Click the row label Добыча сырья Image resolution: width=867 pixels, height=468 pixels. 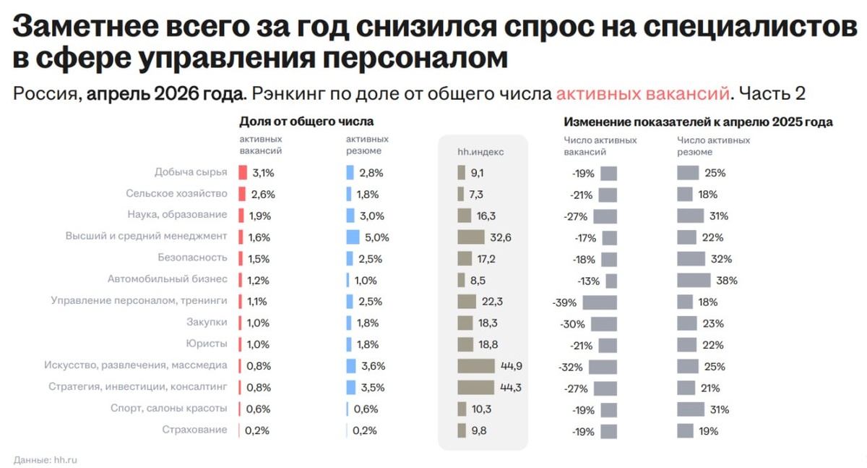(191, 172)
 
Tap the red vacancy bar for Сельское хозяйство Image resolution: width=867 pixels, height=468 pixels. (242, 194)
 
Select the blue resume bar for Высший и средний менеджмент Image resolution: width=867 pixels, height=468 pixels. (353, 237)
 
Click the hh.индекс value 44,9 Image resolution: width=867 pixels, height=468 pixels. (512, 366)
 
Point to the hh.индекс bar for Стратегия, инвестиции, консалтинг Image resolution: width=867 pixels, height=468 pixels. (475, 388)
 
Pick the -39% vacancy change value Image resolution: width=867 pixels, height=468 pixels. (564, 302)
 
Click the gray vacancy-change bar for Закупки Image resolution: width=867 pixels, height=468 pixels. (604, 324)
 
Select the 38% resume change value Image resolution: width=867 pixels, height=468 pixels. (727, 281)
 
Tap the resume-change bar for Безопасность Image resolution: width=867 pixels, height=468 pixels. (691, 259)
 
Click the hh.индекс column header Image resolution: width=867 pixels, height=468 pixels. (480, 152)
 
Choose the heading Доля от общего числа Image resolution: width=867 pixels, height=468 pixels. (306, 122)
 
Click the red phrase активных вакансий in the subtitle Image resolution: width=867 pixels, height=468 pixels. (642, 94)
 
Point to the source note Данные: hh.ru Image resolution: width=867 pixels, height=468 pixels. (46, 460)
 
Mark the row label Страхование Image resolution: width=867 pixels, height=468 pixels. (194, 430)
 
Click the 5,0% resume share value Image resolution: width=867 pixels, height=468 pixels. (377, 237)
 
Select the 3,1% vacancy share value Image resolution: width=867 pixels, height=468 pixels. (263, 173)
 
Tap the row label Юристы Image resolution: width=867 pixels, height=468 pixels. (207, 344)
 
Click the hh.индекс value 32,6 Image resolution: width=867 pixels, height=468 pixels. (501, 237)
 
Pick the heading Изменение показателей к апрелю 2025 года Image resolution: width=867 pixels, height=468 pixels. (698, 122)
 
